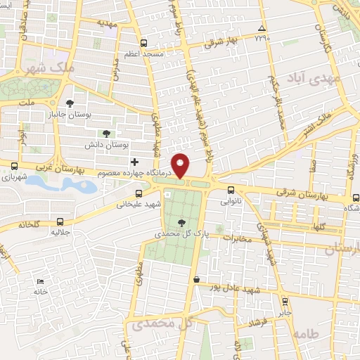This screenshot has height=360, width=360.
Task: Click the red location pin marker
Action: tap(181, 165)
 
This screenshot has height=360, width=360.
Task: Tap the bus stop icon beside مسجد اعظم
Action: tap(144, 42)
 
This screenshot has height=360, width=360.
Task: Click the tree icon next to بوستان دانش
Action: tap(106, 133)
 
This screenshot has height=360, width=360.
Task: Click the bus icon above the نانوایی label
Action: tap(231, 189)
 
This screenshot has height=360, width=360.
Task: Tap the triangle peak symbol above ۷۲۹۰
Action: tap(261, 27)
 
